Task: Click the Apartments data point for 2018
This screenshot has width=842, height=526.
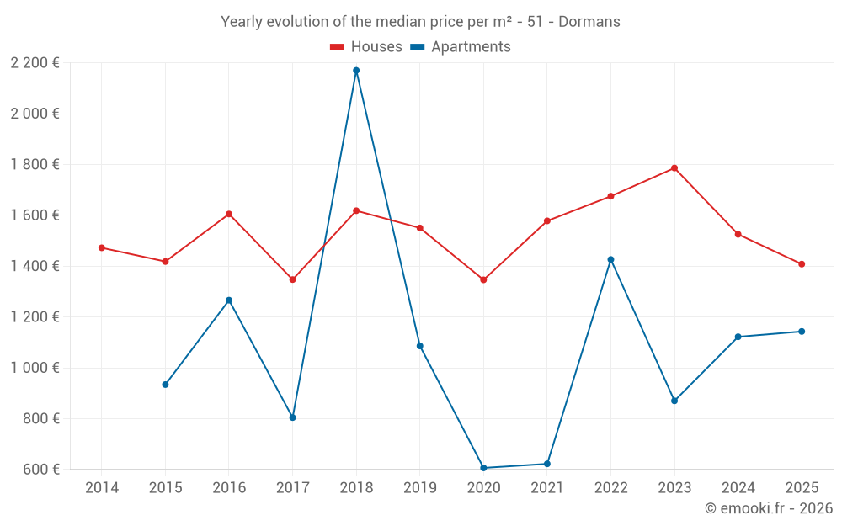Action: click(356, 71)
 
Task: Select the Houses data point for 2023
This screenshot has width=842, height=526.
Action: click(674, 168)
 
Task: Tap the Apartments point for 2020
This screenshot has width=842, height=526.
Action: click(483, 468)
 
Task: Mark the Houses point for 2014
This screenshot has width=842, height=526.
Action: click(102, 247)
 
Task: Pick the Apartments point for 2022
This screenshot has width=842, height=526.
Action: click(610, 259)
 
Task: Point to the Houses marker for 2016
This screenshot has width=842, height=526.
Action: click(229, 214)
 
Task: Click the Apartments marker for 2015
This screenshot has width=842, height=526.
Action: click(165, 385)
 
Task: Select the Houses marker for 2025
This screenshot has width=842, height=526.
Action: click(802, 264)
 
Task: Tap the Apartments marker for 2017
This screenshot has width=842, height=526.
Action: click(292, 417)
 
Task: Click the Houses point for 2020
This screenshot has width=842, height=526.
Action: click(483, 279)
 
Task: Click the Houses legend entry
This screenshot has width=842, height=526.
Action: click(366, 47)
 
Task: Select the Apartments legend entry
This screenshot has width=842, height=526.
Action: click(461, 47)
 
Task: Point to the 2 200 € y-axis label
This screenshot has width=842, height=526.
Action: click(35, 62)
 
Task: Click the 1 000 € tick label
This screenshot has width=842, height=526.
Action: click(35, 368)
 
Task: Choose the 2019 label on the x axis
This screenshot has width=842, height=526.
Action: click(419, 488)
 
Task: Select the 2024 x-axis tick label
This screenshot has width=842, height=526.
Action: click(738, 488)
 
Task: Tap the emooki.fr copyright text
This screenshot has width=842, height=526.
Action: click(768, 508)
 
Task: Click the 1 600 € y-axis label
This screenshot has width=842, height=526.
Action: click(35, 215)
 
